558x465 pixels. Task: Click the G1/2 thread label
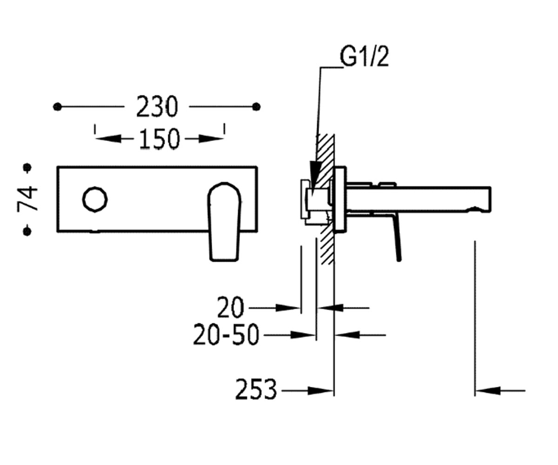click(364, 57)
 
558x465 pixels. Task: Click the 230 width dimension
click(157, 106)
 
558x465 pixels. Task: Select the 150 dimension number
click(159, 139)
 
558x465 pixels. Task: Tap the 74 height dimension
click(27, 199)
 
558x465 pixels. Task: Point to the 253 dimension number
click(256, 389)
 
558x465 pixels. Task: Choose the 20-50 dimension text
click(226, 335)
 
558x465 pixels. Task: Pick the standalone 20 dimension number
click(231, 308)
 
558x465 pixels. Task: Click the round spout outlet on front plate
click(95, 199)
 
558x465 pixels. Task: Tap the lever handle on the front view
click(224, 221)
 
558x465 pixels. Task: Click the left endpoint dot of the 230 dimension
click(57, 107)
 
